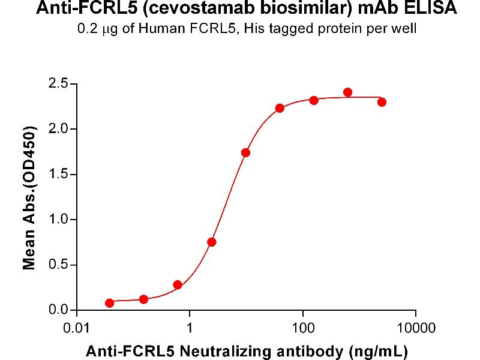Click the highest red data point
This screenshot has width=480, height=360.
[348, 92]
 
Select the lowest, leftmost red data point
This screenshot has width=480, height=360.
[109, 303]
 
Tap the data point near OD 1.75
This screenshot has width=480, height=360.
[245, 152]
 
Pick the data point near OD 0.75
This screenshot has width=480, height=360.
[211, 242]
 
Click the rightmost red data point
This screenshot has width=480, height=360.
[382, 102]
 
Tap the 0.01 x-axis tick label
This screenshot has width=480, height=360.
[76, 329]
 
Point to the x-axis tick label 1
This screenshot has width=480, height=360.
[190, 329]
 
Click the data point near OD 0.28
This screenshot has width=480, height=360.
[177, 284]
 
